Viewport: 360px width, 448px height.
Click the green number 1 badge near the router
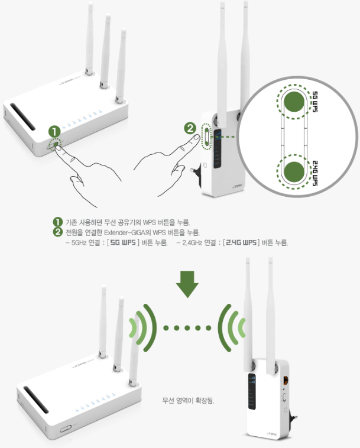[54, 132]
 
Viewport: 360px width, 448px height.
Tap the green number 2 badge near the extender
[190, 128]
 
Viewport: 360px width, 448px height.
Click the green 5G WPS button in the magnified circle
[294, 102]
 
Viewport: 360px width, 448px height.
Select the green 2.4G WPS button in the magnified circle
[294, 172]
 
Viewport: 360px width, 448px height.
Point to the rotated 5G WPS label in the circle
[314, 102]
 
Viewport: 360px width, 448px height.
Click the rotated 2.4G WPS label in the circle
[314, 173]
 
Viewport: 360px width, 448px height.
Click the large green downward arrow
[187, 284]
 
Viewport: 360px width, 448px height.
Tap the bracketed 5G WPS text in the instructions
[123, 242]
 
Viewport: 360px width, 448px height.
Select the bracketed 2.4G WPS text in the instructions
[241, 242]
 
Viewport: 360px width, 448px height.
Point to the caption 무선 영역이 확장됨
[188, 401]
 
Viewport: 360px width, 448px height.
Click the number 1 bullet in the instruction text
[57, 222]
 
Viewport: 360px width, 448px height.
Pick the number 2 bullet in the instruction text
[57, 232]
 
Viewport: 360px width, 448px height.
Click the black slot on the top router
[23, 116]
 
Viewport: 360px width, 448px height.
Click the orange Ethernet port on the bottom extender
[286, 380]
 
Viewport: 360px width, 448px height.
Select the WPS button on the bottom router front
[66, 428]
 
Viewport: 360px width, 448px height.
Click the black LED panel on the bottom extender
[251, 391]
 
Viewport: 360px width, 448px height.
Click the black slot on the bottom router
[36, 400]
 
